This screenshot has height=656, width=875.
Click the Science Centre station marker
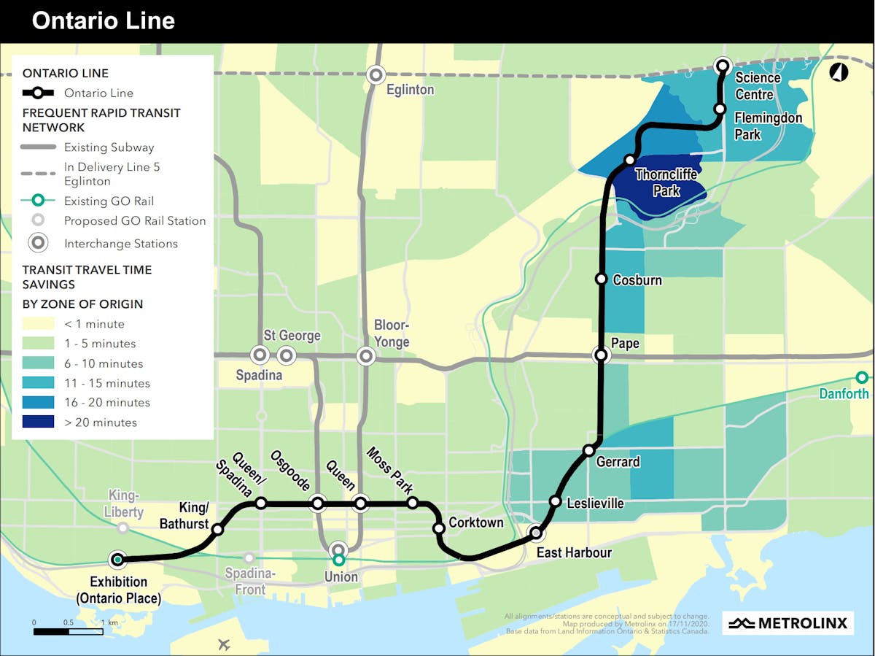[x=723, y=66]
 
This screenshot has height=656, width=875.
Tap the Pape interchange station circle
[x=602, y=355]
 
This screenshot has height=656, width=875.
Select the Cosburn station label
[x=637, y=280]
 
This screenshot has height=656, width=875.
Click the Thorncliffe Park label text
[x=666, y=182]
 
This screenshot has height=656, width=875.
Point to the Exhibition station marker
[x=117, y=560]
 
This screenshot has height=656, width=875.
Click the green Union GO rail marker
[x=338, y=560]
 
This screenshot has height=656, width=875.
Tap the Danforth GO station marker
[x=862, y=377]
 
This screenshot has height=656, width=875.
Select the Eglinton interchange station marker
[x=376, y=74]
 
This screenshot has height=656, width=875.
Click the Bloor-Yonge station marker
[x=365, y=356]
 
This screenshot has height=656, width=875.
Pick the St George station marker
[x=286, y=355]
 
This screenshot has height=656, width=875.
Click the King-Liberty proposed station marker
[x=123, y=528]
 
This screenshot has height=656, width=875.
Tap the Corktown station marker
[x=439, y=528]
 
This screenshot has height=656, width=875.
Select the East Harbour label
[x=574, y=552]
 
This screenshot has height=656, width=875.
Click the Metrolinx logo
[x=788, y=623]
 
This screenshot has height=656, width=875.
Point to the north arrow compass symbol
[x=839, y=72]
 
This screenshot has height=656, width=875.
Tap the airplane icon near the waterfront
[x=223, y=644]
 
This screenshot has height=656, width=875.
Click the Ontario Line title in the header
[x=103, y=20]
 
